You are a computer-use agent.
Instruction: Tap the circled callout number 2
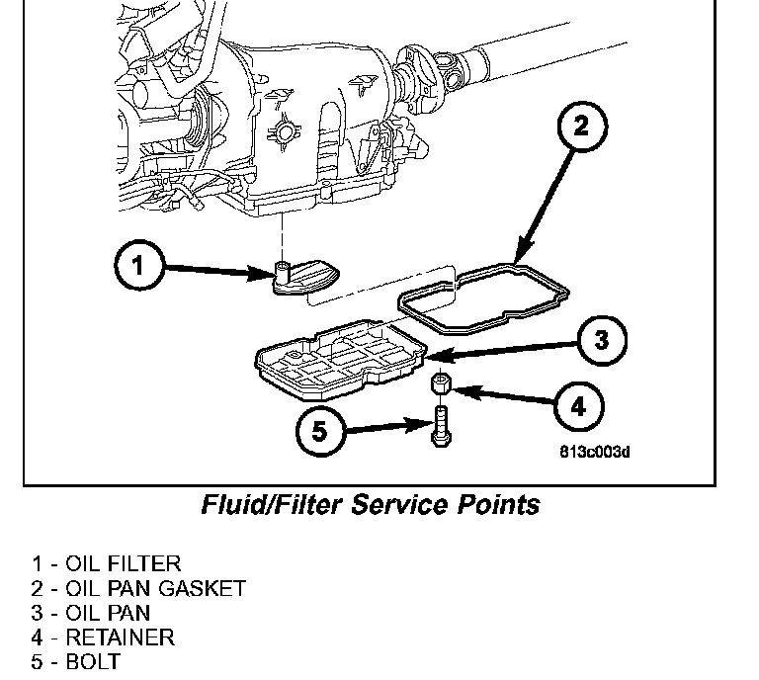click(581, 125)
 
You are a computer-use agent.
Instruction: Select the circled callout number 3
click(602, 342)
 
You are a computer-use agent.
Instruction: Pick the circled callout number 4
click(578, 404)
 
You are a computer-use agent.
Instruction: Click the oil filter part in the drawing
click(306, 277)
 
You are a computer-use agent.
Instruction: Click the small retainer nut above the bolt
click(441, 383)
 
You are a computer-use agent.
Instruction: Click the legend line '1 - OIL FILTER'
click(106, 564)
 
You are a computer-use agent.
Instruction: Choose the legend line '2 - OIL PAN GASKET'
click(137, 589)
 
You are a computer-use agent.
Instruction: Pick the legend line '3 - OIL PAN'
click(90, 613)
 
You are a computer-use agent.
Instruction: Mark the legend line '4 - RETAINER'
click(103, 637)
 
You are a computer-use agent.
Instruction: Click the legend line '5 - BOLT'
click(75, 661)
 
